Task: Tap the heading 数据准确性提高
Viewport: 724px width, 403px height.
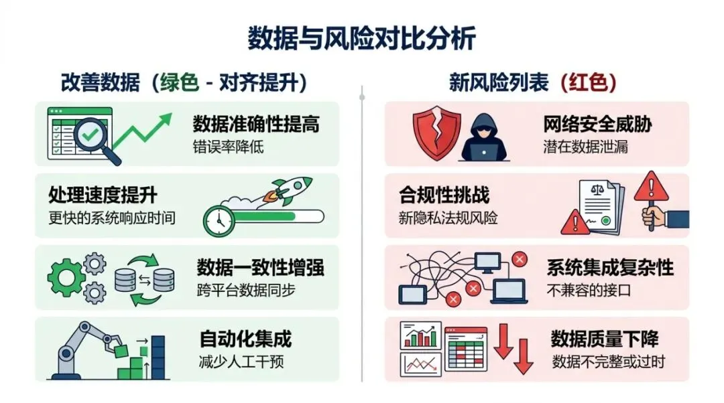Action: [x=255, y=124]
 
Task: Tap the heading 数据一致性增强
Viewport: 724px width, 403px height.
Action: [x=260, y=268]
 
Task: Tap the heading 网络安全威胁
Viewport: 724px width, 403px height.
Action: [x=597, y=124]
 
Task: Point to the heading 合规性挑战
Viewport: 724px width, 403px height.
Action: [x=444, y=195]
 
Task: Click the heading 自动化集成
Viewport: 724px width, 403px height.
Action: [x=245, y=339]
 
